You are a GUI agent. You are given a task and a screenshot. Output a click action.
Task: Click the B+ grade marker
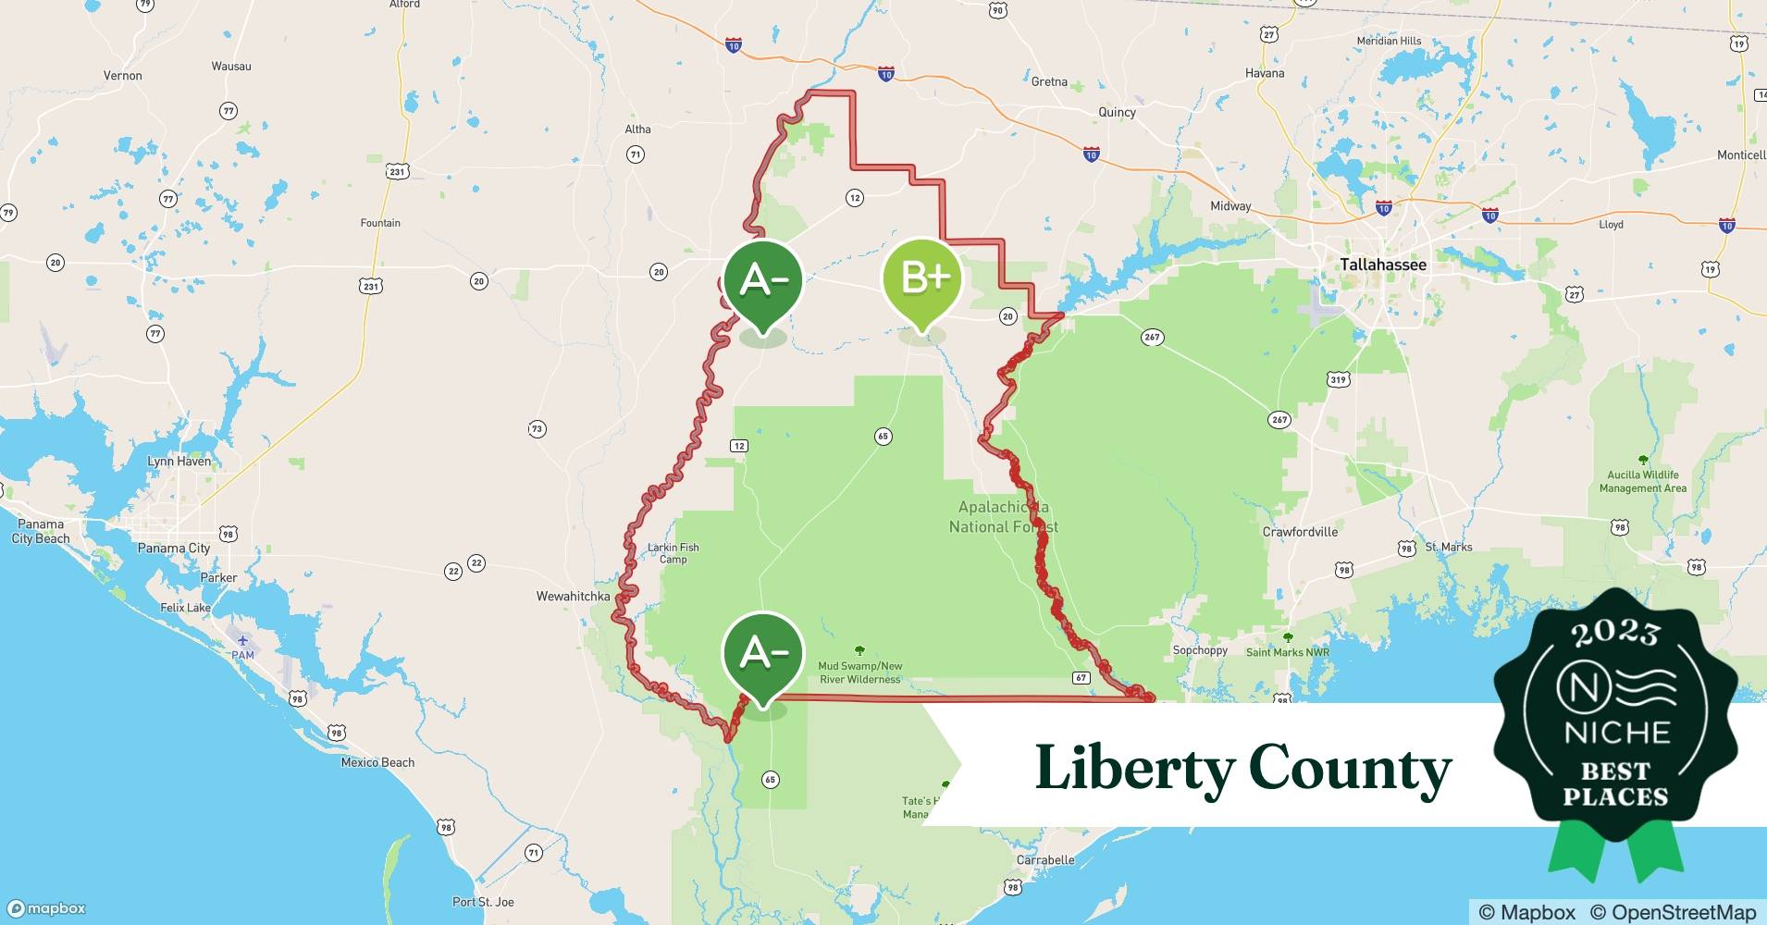[x=921, y=277]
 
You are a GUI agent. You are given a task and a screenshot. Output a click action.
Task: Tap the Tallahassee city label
[x=1382, y=265]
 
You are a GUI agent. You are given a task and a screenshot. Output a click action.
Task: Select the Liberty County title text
[x=1242, y=768]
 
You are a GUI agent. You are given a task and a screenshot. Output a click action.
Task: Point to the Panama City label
[x=174, y=548]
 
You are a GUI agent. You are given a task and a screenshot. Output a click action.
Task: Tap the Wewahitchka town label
[x=573, y=596]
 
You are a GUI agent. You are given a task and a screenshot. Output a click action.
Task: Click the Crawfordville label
[x=1300, y=532]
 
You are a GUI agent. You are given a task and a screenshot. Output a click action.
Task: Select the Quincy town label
[x=1117, y=112]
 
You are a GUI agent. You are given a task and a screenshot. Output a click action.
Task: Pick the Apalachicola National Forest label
[x=1003, y=517]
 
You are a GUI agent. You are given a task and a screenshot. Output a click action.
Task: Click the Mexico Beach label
[x=377, y=762]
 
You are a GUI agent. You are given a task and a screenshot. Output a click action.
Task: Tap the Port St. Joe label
[x=483, y=902]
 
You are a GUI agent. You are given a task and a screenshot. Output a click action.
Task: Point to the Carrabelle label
[x=1045, y=859]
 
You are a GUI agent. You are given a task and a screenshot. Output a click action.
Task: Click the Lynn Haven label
[x=179, y=461]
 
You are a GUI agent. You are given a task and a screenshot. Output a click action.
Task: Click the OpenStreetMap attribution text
[x=1673, y=912]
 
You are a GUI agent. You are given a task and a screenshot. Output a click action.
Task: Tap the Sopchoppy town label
[x=1200, y=650]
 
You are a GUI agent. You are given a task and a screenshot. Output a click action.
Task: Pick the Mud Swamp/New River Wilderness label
[x=859, y=672]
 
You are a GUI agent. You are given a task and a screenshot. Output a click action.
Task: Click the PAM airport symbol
[x=242, y=640]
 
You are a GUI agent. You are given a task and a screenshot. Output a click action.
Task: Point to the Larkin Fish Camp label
[x=673, y=553]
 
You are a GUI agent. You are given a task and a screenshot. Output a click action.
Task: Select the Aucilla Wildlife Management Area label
[x=1642, y=481]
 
